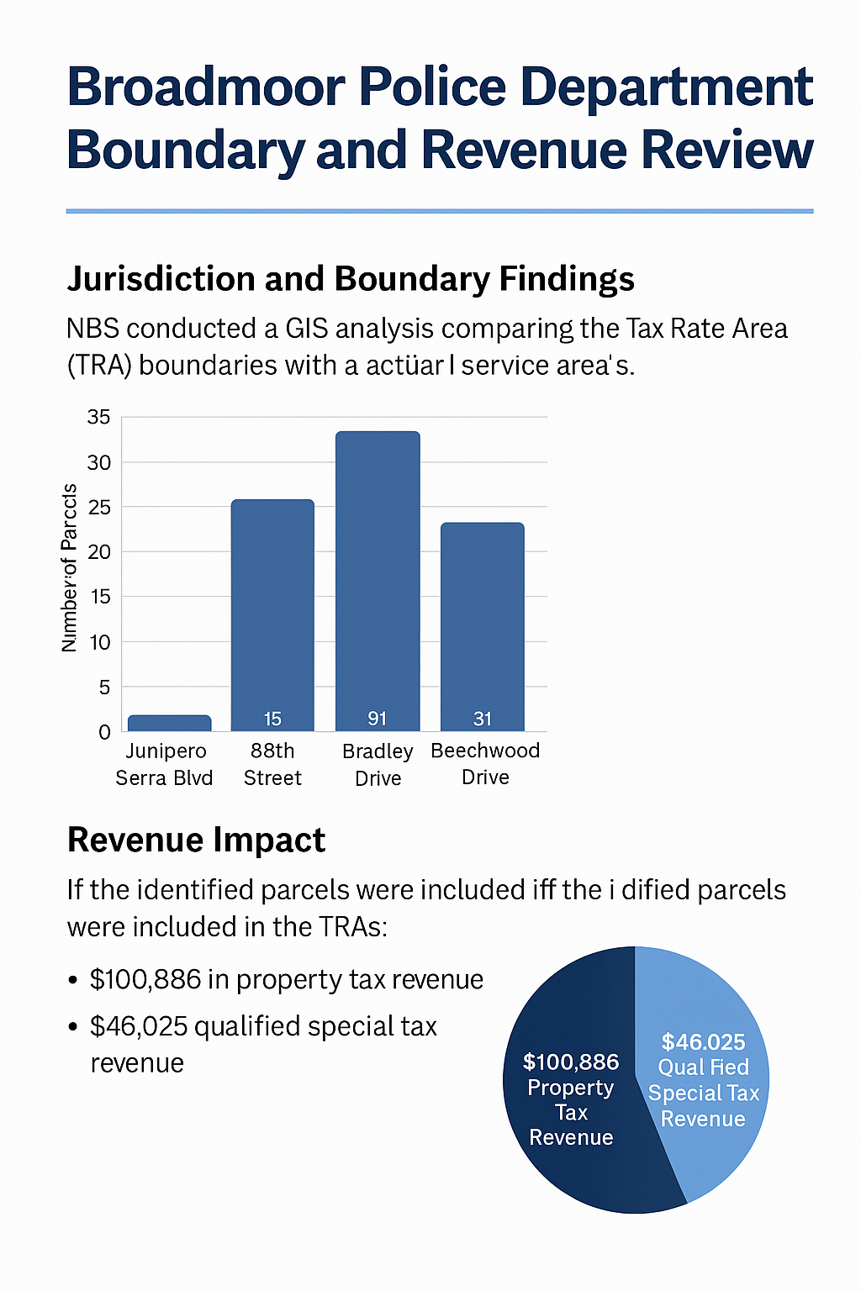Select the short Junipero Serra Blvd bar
click(169, 723)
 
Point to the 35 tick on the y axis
click(99, 417)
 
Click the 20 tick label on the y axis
click(99, 552)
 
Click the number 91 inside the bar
click(378, 719)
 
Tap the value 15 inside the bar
click(272, 719)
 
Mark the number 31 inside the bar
click(483, 719)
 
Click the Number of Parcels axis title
click(70, 568)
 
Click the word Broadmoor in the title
click(206, 87)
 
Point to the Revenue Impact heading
click(196, 840)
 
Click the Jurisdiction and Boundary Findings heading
click(351, 279)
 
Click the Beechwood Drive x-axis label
click(485, 763)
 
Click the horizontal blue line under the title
click(439, 211)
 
